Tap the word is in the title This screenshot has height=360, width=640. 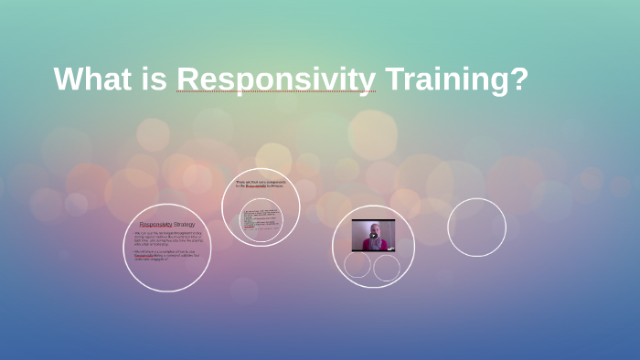pos(154,79)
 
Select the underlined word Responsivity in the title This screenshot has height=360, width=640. pos(276,79)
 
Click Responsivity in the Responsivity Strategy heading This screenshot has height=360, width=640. pos(155,224)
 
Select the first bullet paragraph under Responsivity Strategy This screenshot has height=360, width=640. pos(166,238)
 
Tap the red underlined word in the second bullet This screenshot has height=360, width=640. pos(144,257)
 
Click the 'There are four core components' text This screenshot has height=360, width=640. pos(261,182)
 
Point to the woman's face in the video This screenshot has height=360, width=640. pos(373,228)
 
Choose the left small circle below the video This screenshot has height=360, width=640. pos(357,265)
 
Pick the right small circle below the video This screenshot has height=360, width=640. pos(387,268)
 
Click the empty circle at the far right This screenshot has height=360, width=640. pos(476,228)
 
